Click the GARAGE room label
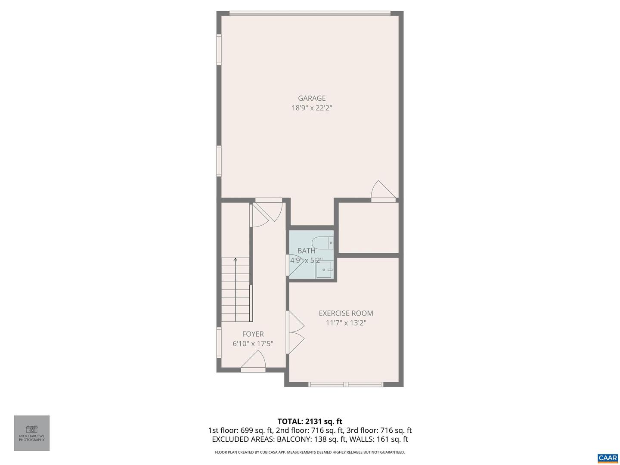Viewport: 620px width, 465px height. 312,98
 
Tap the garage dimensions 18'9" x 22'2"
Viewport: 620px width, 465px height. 312,108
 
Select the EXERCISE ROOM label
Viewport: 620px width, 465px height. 346,313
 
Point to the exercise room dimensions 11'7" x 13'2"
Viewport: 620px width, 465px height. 346,323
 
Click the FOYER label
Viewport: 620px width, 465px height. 253,334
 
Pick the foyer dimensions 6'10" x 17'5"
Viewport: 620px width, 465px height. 253,344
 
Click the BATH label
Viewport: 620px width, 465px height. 306,251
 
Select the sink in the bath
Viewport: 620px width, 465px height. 324,270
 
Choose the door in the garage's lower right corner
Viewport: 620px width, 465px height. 382,192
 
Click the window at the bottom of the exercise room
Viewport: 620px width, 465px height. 346,384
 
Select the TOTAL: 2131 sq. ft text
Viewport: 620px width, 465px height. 310,422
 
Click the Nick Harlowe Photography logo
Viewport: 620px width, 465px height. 32,433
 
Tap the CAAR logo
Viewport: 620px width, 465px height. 608,458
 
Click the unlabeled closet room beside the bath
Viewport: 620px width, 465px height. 368,227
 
